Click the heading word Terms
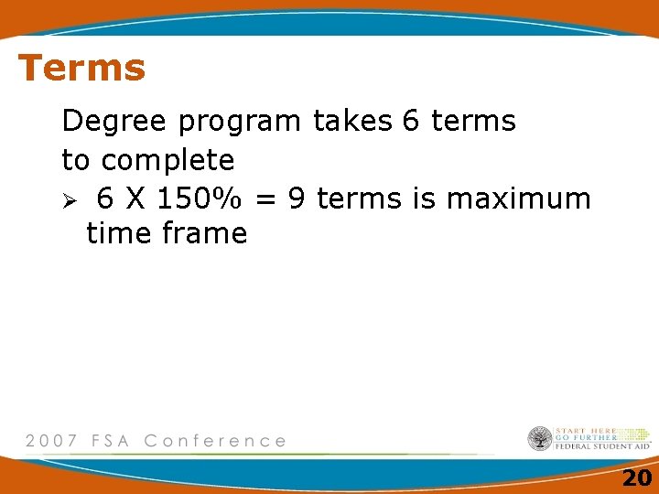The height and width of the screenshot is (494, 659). (x=81, y=68)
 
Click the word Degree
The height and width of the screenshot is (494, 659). (x=115, y=121)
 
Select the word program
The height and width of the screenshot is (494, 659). (x=240, y=122)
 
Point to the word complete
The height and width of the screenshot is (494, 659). (x=168, y=161)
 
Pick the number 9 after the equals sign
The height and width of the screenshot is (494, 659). (x=297, y=198)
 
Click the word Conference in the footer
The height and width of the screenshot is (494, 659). (x=215, y=441)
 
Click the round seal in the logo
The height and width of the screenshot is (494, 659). (x=540, y=438)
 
